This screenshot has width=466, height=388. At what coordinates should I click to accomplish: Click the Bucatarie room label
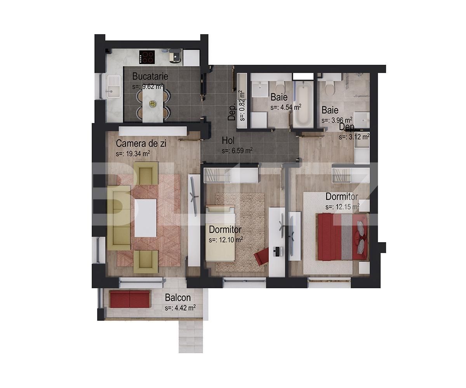point(150,76)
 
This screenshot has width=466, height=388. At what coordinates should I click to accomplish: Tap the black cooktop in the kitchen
point(147,57)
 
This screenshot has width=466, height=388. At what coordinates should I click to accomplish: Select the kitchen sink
point(113,87)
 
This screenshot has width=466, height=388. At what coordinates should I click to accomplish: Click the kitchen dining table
point(153,104)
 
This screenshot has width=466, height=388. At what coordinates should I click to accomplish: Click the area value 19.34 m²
point(133,154)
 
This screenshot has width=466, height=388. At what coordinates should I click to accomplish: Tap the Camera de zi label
point(141,144)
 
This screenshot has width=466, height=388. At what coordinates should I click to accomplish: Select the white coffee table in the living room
point(146,218)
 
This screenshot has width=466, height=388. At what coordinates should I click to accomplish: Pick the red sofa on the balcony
point(130,299)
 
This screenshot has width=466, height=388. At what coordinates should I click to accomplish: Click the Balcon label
point(178,298)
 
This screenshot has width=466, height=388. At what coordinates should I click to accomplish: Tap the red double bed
point(342,237)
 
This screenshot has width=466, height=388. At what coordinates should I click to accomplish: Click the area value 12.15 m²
point(343,207)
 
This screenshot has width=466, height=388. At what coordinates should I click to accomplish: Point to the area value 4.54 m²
point(286,107)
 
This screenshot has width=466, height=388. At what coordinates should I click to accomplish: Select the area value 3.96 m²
point(337,120)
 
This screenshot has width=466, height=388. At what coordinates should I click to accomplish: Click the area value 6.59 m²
point(237,150)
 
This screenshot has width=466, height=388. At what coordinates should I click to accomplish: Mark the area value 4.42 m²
point(180,308)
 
